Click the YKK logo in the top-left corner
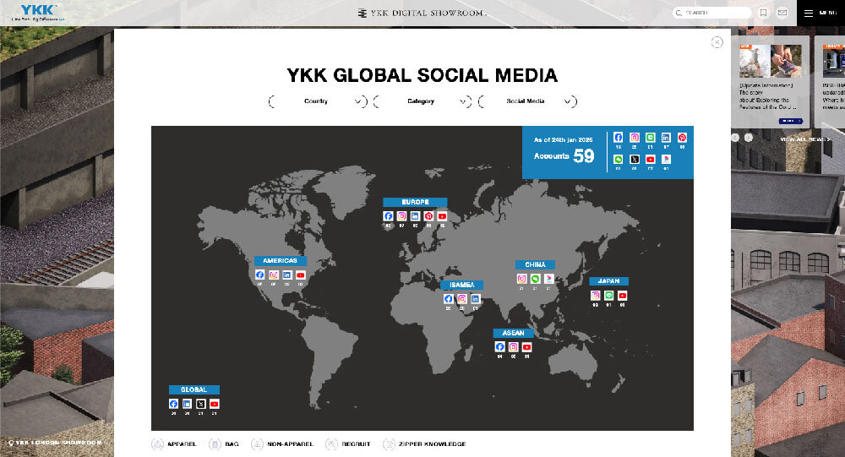pyautogui.click(x=33, y=12)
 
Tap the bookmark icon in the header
pyautogui.click(x=763, y=13)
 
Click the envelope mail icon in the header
pyautogui.click(x=782, y=13)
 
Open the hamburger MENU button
pyautogui.click(x=820, y=13)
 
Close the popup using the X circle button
pyautogui.click(x=717, y=42)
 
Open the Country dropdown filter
pyautogui.click(x=318, y=101)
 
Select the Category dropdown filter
pyautogui.click(x=422, y=101)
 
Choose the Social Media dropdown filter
pyautogui.click(x=527, y=101)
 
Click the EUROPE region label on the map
pyautogui.click(x=415, y=202)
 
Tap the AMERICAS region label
pyautogui.click(x=281, y=261)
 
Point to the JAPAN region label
pyautogui.click(x=609, y=280)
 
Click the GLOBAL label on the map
pyautogui.click(x=194, y=389)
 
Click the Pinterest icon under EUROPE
pyautogui.click(x=428, y=216)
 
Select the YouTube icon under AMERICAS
pyautogui.click(x=300, y=275)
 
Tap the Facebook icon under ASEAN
pyautogui.click(x=499, y=346)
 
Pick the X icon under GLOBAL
pyautogui.click(x=200, y=404)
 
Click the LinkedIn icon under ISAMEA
pyautogui.click(x=475, y=299)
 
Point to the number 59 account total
pyautogui.click(x=584, y=155)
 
